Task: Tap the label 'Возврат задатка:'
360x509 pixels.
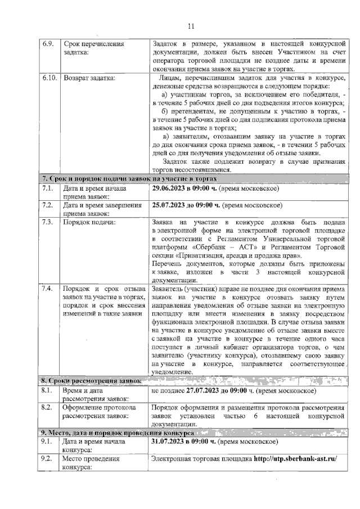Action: (89, 78)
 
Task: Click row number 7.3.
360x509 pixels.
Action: (47, 222)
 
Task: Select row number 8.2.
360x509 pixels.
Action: (47, 407)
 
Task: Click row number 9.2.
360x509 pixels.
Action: (47, 459)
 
